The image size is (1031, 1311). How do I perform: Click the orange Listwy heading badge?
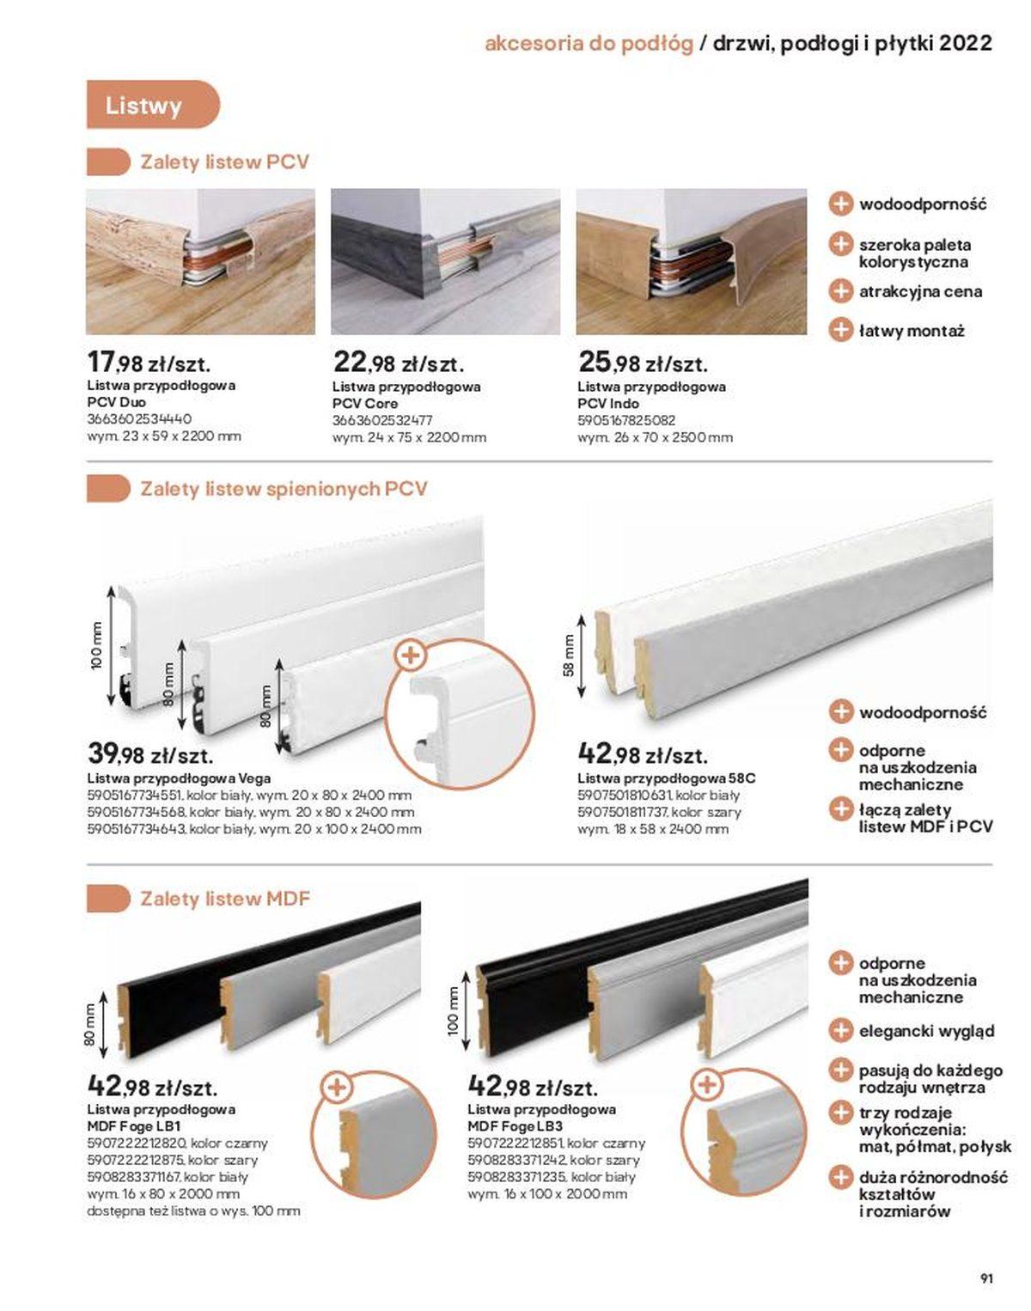tap(152, 105)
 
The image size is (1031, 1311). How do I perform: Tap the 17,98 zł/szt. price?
tap(149, 363)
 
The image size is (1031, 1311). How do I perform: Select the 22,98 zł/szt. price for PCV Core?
tap(399, 363)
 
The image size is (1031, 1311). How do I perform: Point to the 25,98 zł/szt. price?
tap(643, 363)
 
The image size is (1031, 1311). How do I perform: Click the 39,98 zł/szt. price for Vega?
tap(150, 755)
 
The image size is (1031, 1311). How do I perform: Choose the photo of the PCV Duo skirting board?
tap(200, 261)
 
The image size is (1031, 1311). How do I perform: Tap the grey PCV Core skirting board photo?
tap(445, 261)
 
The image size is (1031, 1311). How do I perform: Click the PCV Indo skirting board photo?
tap(692, 261)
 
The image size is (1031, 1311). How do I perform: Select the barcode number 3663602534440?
tap(139, 419)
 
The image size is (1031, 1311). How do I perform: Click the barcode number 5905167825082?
tap(626, 420)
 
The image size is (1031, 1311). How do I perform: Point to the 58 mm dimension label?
tap(569, 655)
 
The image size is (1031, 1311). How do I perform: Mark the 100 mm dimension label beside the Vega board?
tap(96, 646)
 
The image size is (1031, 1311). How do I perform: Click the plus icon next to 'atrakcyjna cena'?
tap(840, 290)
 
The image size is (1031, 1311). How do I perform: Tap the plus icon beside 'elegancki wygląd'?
tap(840, 1031)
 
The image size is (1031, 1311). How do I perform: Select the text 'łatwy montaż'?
tap(912, 332)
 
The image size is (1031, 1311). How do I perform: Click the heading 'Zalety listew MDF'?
tap(225, 899)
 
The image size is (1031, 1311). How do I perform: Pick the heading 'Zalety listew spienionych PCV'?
tap(284, 489)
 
